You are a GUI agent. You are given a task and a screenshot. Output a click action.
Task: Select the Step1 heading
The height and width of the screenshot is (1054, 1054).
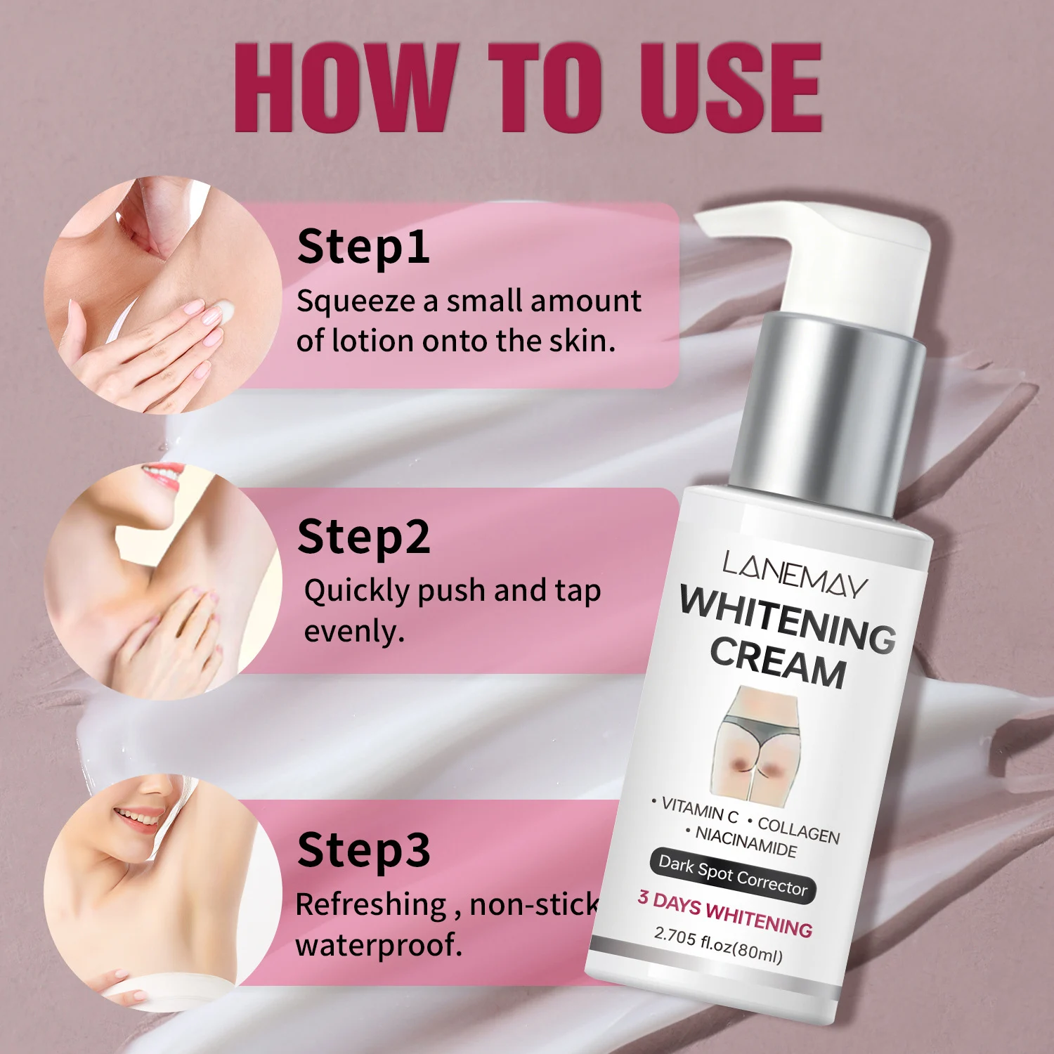(x=363, y=248)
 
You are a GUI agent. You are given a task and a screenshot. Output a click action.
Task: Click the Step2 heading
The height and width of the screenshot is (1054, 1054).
(x=364, y=538)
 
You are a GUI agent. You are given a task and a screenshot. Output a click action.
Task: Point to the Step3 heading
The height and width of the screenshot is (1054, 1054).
(x=364, y=851)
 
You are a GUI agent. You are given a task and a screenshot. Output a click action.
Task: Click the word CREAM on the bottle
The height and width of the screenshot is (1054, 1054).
(x=778, y=661)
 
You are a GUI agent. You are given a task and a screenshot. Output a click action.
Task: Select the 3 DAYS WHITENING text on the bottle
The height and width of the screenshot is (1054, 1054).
(x=725, y=914)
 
